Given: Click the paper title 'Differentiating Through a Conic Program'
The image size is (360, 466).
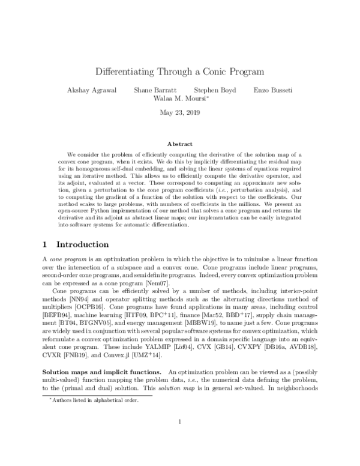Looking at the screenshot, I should [x=180, y=71].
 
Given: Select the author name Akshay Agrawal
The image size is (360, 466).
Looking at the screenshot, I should [x=92, y=90].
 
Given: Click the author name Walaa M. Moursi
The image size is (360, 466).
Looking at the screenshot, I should [x=179, y=99].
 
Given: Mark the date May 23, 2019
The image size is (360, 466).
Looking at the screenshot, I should [x=180, y=112].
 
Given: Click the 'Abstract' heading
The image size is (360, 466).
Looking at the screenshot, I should [x=180, y=144].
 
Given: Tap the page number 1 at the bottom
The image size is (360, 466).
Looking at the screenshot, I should [x=180, y=438].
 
